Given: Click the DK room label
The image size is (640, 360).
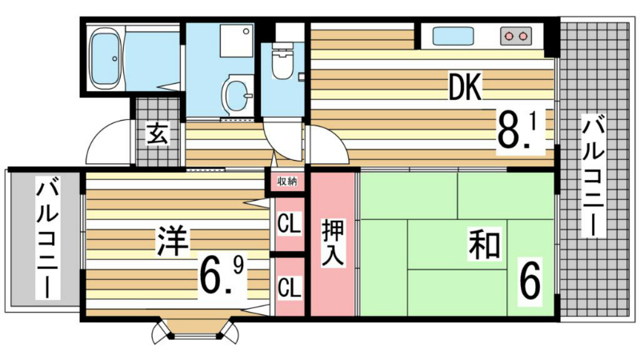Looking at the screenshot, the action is [x=466, y=86].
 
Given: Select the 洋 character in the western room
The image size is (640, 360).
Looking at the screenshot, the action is [x=173, y=242].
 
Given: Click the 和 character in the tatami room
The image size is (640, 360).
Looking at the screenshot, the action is [x=484, y=246].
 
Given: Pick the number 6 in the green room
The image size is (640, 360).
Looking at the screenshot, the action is [x=530, y=282].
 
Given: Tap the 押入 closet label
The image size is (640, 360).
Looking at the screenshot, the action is [x=333, y=242].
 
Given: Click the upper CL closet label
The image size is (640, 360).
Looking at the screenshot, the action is [x=290, y=223].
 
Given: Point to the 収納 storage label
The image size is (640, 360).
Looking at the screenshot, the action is [x=287, y=182].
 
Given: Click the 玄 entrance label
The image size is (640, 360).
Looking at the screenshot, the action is [x=158, y=134].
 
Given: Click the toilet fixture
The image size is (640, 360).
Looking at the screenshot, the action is [x=282, y=62].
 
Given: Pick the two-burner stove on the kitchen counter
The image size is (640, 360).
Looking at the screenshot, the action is [x=516, y=36].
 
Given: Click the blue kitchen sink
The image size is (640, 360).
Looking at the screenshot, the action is [x=453, y=36].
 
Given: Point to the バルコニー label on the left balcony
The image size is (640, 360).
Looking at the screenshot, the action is [x=48, y=238].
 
